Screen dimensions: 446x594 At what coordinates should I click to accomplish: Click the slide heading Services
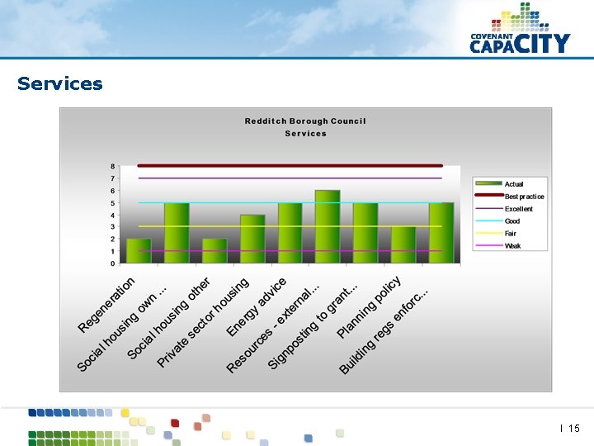(59, 83)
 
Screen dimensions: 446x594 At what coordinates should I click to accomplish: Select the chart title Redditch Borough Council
(305, 121)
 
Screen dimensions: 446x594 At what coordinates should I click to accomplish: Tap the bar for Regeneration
(139, 251)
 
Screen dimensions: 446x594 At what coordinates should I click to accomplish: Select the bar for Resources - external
(328, 227)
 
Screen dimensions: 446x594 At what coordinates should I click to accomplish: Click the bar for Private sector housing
(252, 239)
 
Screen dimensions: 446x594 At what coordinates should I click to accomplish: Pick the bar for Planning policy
(403, 244)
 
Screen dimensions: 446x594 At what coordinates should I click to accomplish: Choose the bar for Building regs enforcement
(441, 233)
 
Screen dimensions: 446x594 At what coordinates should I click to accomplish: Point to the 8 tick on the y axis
(113, 166)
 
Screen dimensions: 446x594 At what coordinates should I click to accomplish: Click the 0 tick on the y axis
(113, 263)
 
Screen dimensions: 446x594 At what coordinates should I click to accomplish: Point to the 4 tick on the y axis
(113, 215)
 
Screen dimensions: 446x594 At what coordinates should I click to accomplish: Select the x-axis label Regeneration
(106, 306)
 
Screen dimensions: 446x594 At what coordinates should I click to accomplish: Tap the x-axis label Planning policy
(369, 307)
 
